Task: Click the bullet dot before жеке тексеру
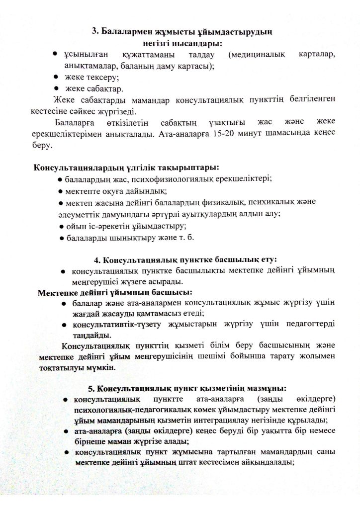(57, 77)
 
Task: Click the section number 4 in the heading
(96, 260)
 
